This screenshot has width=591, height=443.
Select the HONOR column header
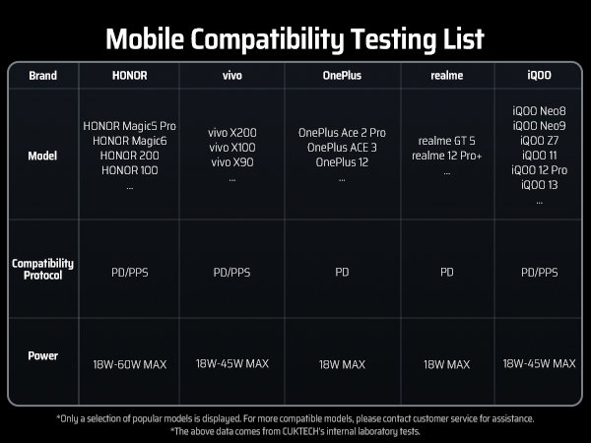click(130, 76)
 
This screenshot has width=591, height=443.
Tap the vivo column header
click(232, 76)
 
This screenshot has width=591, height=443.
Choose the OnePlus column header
click(342, 76)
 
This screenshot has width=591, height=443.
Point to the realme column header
click(446, 76)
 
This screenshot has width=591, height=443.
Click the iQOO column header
click(540, 75)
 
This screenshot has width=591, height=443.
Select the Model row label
click(42, 156)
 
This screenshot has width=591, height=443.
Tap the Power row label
click(43, 355)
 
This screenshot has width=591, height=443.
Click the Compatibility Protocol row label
click(42, 269)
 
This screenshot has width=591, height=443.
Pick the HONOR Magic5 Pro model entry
click(130, 126)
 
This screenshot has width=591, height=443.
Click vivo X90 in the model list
click(232, 162)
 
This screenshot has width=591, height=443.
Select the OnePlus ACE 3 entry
click(342, 148)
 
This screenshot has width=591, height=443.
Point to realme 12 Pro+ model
click(446, 156)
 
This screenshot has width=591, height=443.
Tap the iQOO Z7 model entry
click(540, 141)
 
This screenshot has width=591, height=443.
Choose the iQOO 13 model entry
click(540, 185)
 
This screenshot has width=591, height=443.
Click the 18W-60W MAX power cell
click(130, 364)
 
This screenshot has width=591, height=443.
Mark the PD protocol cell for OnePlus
click(342, 272)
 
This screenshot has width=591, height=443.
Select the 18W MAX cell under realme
click(446, 364)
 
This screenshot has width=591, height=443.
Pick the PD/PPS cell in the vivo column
click(231, 273)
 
